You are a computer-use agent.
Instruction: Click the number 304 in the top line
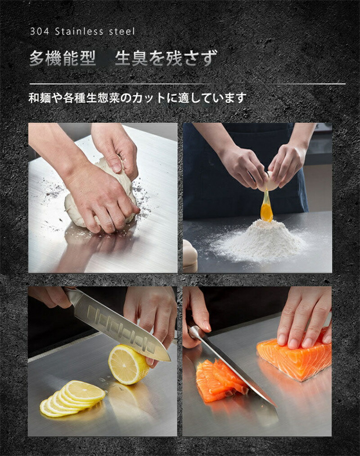40,31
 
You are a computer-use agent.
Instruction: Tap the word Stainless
79,31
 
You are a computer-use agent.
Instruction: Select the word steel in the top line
122,31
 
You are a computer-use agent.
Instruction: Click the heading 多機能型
63,58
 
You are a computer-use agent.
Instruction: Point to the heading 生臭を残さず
166,58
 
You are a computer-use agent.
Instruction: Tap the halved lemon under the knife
129,364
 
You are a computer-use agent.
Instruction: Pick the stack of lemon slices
73,398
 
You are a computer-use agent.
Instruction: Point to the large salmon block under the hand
294,357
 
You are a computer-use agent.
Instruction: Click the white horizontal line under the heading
187,84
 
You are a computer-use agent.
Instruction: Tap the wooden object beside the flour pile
190,256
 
